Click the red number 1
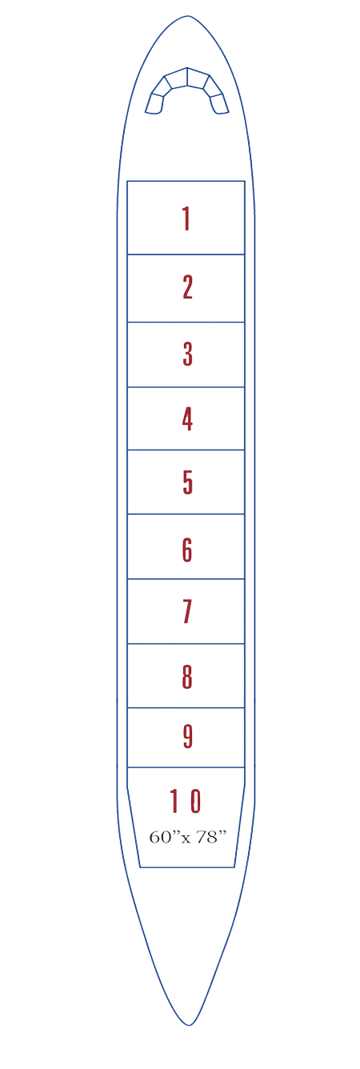186,219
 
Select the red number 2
188,287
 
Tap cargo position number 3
188,354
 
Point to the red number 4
188,419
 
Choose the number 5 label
188,482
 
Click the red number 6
187,550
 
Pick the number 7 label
187,612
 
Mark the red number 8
187,677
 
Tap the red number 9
188,736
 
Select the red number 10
186,801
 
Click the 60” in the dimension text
161,837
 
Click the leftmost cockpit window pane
154,103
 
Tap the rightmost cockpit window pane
220,103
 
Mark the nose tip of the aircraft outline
187,16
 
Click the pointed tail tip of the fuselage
189,1025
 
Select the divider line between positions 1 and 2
186,254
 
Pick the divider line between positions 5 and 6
186,514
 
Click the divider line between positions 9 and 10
186,767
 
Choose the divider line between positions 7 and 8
186,644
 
